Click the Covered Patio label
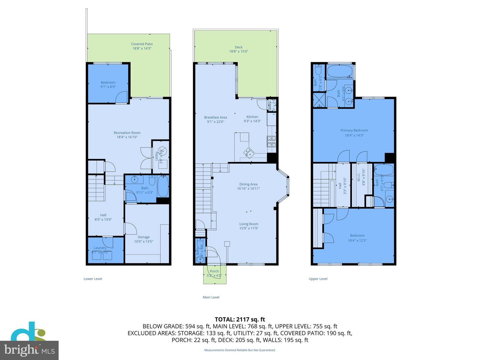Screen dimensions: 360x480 142,44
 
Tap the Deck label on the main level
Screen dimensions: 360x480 238,47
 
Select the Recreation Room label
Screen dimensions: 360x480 127,133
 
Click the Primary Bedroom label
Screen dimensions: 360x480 354,130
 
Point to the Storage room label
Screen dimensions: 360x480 144,237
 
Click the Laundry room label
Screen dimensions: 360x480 100,248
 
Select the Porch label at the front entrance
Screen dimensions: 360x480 214,271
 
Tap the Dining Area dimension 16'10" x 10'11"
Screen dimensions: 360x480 248,189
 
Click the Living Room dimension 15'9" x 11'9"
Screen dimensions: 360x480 249,228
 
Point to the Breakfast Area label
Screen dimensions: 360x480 215,117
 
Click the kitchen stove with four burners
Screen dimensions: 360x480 271,141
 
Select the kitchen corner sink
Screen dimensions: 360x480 248,153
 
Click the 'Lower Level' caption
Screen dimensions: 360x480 93,279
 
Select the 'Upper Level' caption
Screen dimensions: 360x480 318,279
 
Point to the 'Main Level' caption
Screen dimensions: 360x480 211,297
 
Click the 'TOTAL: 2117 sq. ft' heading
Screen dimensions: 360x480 240,319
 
